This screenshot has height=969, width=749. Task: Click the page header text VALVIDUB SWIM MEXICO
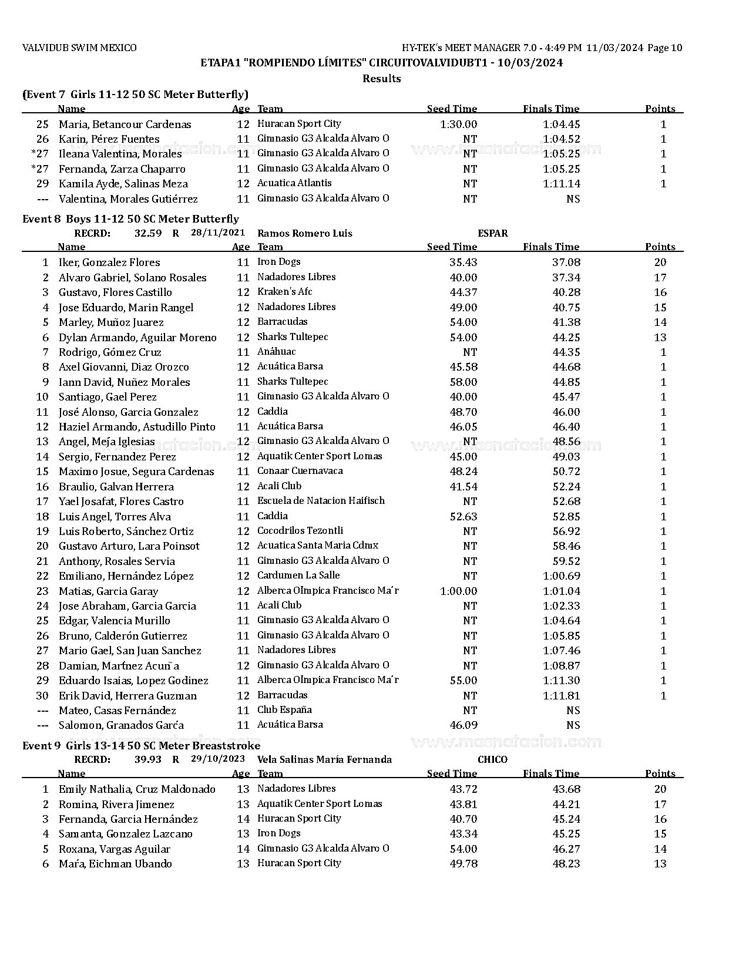[x=79, y=48]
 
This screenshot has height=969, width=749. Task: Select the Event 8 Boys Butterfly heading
[x=130, y=219]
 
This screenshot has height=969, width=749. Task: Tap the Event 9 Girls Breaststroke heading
[x=141, y=746]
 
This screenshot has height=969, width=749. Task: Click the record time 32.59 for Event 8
[x=148, y=233]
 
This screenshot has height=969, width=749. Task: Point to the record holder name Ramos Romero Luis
[x=305, y=233]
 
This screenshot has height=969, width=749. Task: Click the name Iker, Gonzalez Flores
[x=109, y=263]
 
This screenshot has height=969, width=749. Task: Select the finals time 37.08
[x=566, y=263]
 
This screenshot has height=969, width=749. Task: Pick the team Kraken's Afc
[x=285, y=292]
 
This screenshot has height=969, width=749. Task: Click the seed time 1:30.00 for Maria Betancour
[x=458, y=125]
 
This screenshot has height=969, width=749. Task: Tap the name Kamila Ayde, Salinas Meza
[x=123, y=184]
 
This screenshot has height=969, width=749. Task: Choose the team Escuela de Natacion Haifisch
[x=321, y=501]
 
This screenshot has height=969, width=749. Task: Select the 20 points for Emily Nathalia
[x=660, y=789]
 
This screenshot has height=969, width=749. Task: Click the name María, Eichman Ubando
[x=115, y=864]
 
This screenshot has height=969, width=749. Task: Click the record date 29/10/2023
[x=218, y=759]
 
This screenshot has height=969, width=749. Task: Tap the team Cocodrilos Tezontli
[x=300, y=531]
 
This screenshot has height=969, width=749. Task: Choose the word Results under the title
[x=382, y=79]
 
